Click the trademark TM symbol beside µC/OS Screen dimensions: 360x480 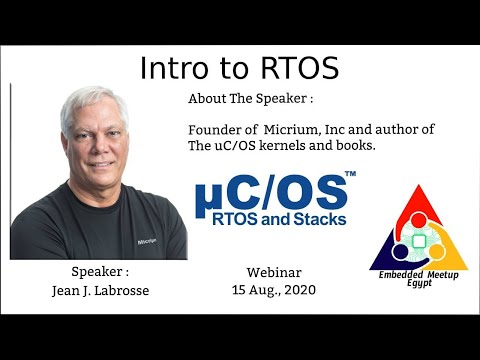(350, 176)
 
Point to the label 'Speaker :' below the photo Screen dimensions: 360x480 (100, 272)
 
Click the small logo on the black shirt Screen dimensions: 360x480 (147, 240)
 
